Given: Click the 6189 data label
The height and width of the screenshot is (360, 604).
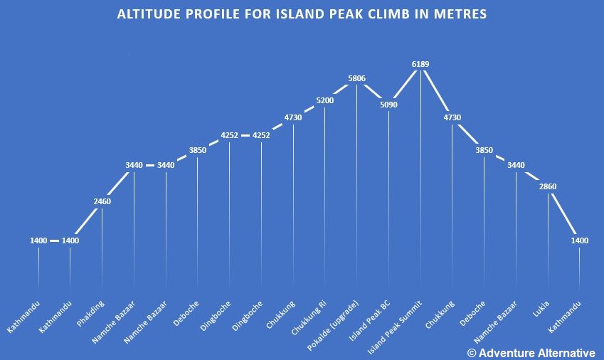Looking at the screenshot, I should [x=420, y=64].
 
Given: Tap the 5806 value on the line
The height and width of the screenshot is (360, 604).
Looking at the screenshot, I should [x=356, y=78].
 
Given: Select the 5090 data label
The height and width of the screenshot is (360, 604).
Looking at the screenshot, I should [x=388, y=105].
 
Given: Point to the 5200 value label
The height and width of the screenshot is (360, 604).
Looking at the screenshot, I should [x=324, y=100].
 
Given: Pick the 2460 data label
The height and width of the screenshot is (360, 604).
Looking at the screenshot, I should [x=102, y=201].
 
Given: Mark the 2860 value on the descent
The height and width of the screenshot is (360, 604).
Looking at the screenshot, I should [x=548, y=186].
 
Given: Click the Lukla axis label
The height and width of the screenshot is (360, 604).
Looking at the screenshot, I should [x=541, y=309].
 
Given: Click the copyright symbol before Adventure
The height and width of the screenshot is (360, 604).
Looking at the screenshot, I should [x=471, y=352].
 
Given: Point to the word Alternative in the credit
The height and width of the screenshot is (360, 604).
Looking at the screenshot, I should [x=564, y=352].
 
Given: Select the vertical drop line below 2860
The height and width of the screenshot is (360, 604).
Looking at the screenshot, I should [x=548, y=242].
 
